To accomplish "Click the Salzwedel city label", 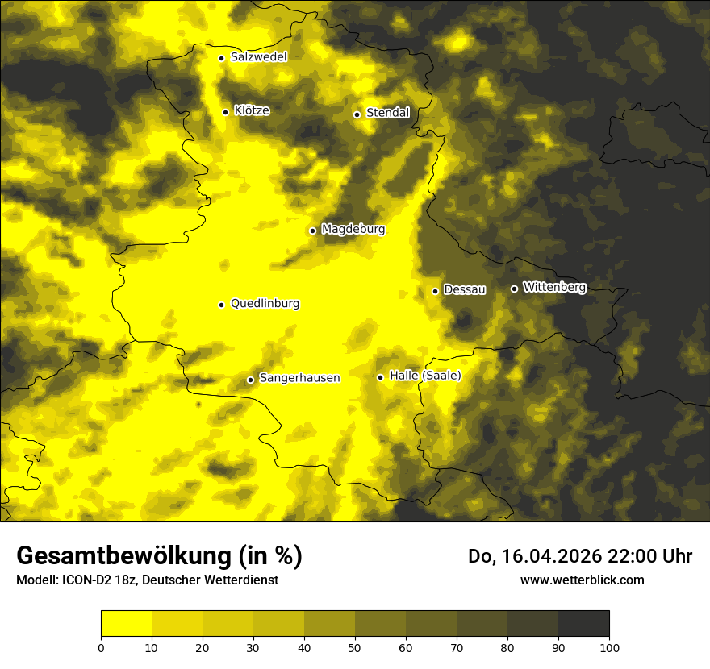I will (258, 57).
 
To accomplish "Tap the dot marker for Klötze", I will (226, 112).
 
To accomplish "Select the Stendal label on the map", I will (387, 113).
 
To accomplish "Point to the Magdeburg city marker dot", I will (313, 231).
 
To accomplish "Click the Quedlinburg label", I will (265, 304).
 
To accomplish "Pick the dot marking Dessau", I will (436, 291).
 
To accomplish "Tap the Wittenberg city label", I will (554, 287).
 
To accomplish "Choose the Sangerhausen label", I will (299, 378).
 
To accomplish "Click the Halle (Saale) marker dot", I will (380, 377).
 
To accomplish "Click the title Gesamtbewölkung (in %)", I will (159, 556).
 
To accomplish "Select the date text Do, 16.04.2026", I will (536, 556).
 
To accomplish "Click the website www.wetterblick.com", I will (582, 580).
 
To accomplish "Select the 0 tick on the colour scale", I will (101, 646).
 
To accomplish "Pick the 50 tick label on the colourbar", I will (355, 646).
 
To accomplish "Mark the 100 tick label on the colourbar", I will (609, 646).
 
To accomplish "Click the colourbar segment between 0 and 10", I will (126, 624).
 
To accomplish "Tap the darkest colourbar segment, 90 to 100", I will (583, 624).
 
